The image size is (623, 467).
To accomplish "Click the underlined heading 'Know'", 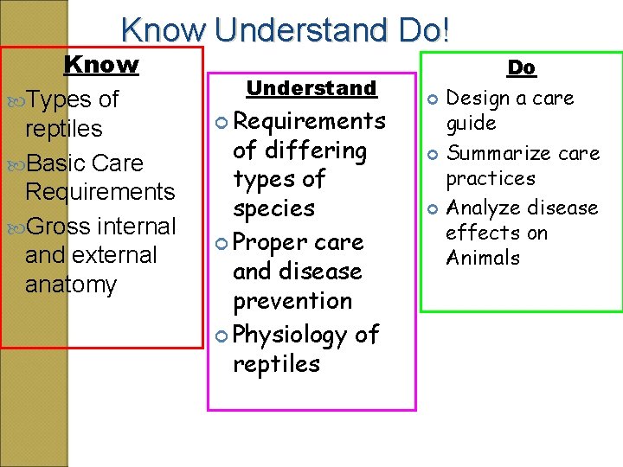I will [101, 65].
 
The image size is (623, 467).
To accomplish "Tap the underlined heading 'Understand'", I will [311, 88].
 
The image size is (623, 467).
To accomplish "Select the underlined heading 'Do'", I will [521, 67].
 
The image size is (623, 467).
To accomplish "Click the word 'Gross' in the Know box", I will [60, 227].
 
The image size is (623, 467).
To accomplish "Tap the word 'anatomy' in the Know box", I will [71, 285].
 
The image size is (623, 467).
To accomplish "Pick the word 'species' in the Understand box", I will [273, 209].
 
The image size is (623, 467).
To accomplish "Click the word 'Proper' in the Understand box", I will [271, 241].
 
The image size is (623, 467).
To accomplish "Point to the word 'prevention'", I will [292, 301].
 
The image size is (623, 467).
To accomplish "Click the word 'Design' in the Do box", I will [476, 99].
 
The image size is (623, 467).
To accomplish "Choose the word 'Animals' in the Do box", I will [483, 259].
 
